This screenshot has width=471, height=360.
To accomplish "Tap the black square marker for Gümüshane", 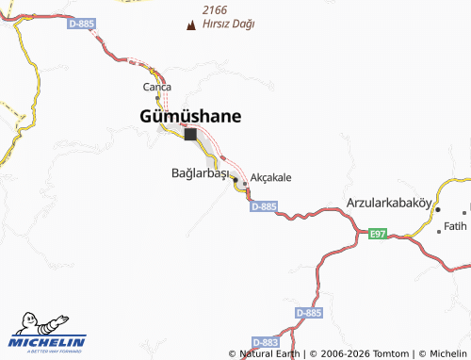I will pos(191,134).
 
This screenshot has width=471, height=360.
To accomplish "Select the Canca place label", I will pos(156,87).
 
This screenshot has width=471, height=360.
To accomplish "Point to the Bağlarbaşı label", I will pos(200,174).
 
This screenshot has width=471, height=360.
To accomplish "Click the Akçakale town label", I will pos(271,177).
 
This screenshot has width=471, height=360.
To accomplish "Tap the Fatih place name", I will pos(455,226).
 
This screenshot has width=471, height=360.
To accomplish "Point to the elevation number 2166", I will pos(215,9).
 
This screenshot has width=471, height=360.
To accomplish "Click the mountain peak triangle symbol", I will pos(193,24).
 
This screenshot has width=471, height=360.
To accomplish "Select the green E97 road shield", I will pos(378,233).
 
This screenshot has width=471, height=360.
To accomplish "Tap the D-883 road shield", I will pos(267,342).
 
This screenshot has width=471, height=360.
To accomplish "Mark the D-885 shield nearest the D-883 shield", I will pos(308,312).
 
